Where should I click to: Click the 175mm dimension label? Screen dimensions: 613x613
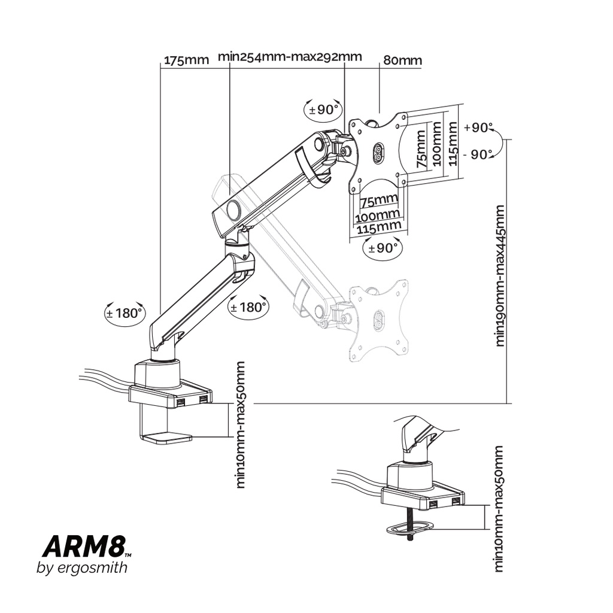point(186,60)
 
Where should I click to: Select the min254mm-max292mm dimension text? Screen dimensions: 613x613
point(290,57)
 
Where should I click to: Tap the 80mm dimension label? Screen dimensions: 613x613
point(402,60)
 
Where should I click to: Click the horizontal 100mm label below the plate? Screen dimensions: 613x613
point(378,214)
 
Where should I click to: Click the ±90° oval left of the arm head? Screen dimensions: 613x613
point(324,110)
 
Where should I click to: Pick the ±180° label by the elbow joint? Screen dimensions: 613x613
point(248,308)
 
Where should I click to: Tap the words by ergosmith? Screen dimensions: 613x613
point(82,568)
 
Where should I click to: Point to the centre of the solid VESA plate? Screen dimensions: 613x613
point(378,152)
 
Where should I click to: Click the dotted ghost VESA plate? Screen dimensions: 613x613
point(379,320)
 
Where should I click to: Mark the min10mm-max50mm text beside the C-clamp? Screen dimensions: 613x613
point(241,424)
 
